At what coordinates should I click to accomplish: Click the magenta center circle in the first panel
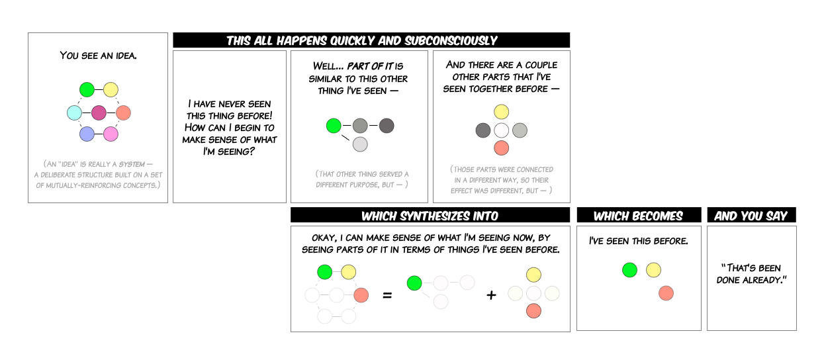(x=99, y=112)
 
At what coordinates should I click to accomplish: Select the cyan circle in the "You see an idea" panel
(x=74, y=112)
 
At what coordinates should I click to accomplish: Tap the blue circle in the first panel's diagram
(x=87, y=134)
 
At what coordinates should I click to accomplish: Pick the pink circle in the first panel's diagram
(x=111, y=134)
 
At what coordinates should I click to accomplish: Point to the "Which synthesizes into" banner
(x=430, y=216)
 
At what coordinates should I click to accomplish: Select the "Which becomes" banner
(x=638, y=216)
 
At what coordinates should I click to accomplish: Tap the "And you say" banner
(x=751, y=216)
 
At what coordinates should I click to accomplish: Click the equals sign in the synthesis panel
(x=388, y=294)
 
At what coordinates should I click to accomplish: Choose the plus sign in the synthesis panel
(x=491, y=294)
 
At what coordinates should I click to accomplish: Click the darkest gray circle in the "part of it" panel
(x=387, y=125)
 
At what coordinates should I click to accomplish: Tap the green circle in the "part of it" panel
(x=334, y=125)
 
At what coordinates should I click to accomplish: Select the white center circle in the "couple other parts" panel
(x=502, y=130)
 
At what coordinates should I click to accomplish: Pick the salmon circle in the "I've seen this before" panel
(x=666, y=293)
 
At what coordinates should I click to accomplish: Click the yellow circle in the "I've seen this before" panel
(x=653, y=269)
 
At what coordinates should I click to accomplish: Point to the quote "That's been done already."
(x=751, y=274)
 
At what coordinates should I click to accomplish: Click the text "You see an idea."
(x=98, y=56)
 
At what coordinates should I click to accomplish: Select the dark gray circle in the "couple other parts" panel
(x=483, y=130)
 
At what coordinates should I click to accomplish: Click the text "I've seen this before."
(x=638, y=242)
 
